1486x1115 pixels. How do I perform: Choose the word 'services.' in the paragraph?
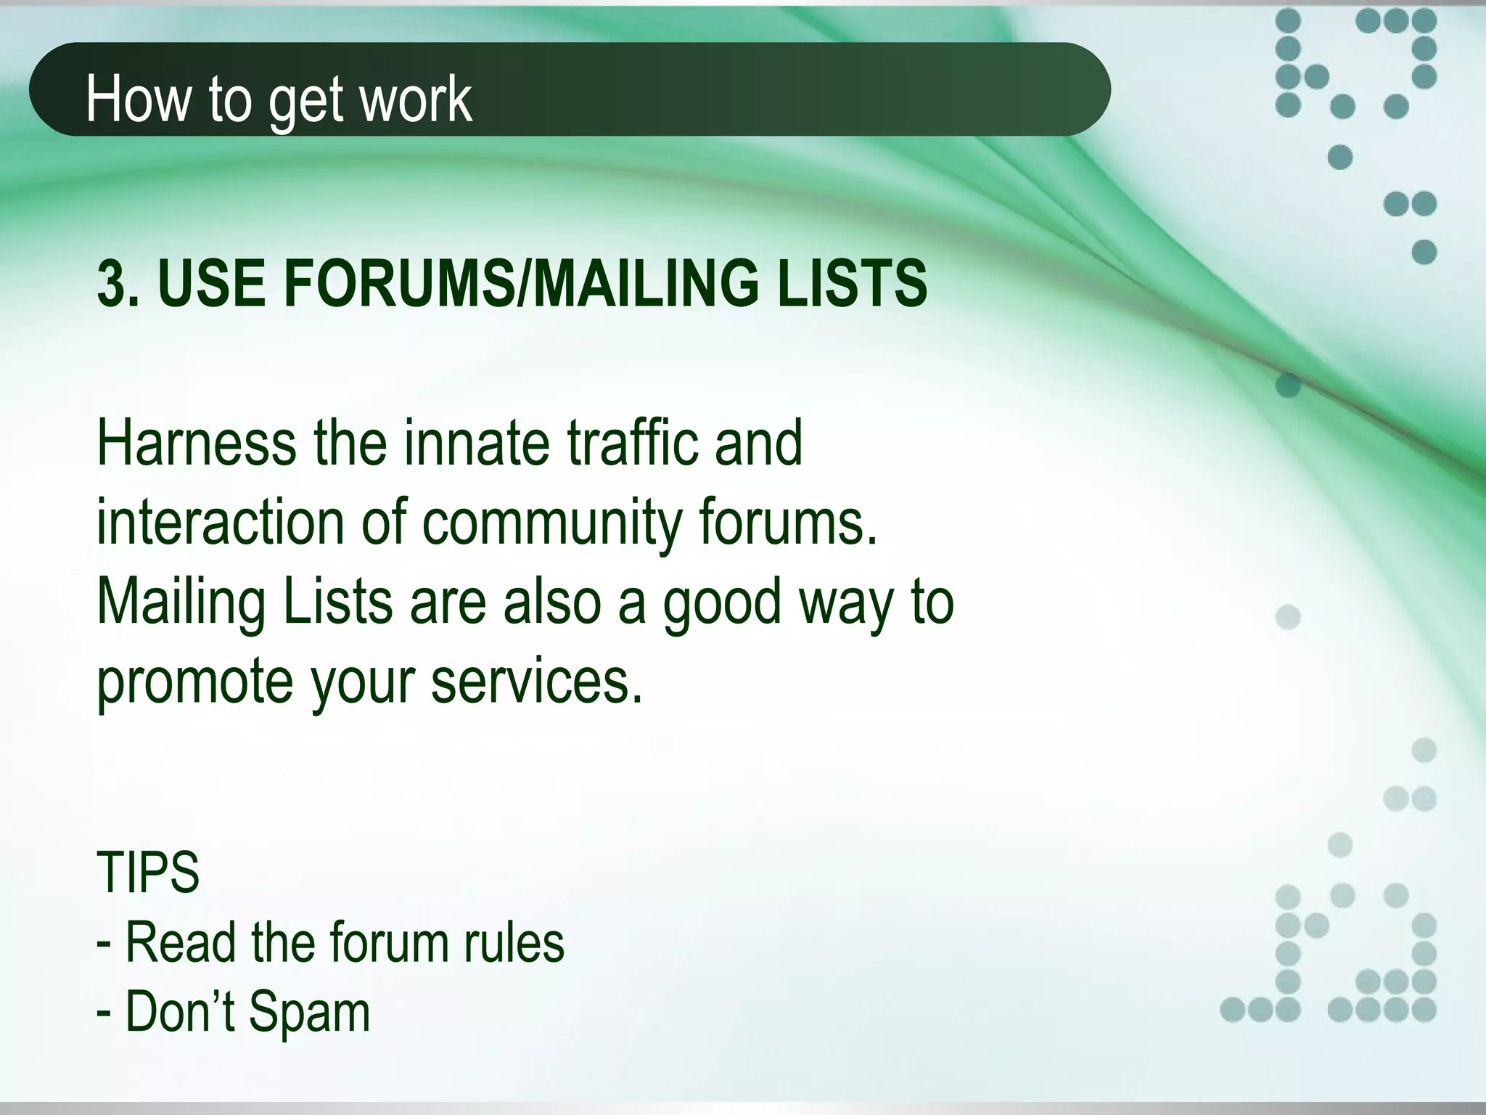pyautogui.click(x=537, y=682)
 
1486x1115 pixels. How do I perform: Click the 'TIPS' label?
pyautogui.click(x=148, y=873)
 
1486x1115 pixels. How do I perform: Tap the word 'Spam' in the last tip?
pyautogui.click(x=309, y=1013)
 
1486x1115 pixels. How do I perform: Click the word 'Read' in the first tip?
pyautogui.click(x=181, y=942)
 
